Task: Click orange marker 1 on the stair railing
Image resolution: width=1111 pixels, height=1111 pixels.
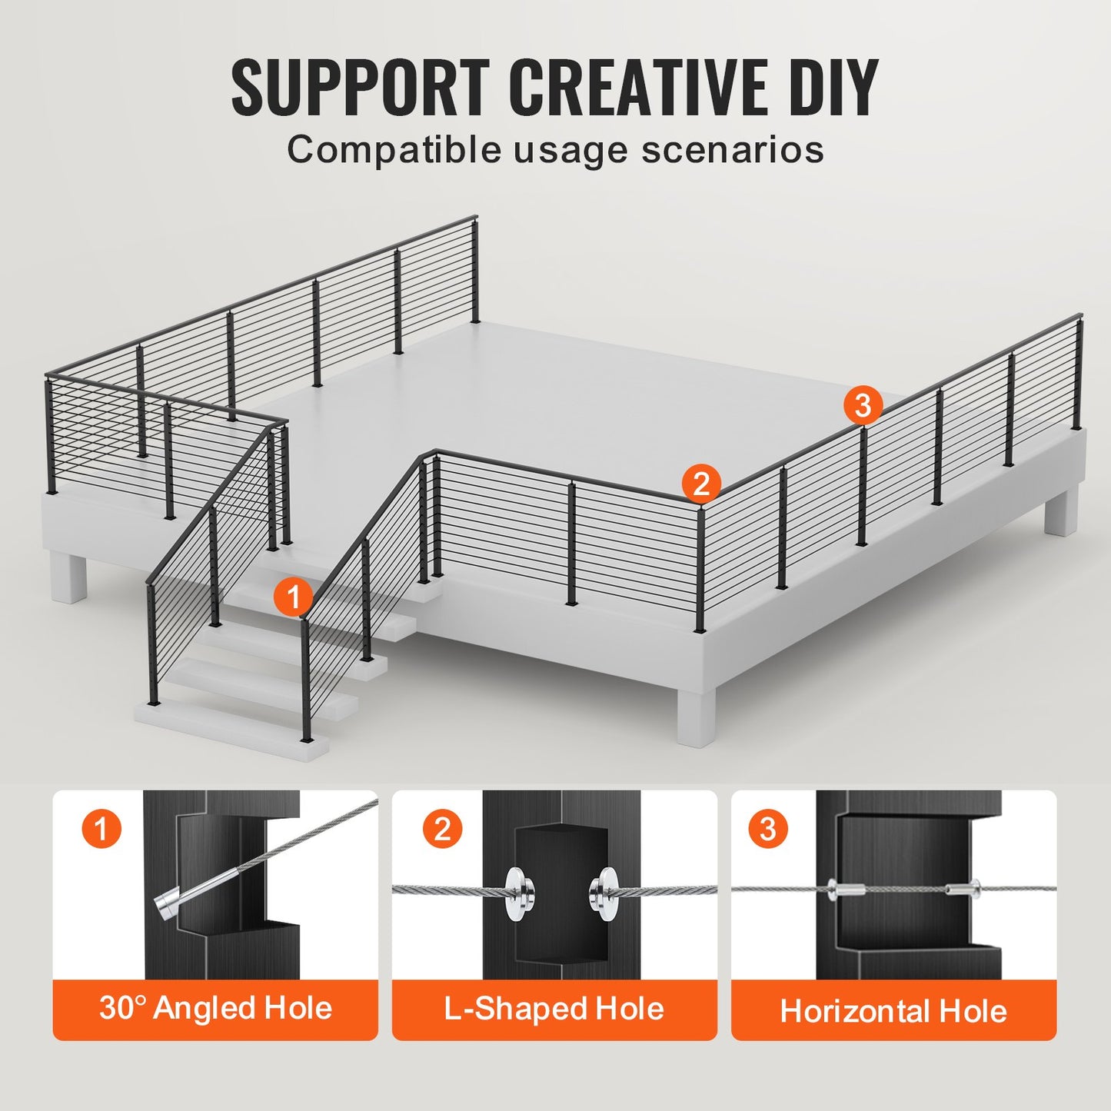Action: pos(294,597)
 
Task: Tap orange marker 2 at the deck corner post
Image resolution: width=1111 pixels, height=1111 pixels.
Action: pos(700,484)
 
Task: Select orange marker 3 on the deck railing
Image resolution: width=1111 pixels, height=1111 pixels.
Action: pos(863,404)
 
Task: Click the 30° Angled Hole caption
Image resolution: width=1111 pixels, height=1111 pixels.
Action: pos(215,1008)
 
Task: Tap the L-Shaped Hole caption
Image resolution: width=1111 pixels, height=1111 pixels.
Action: pos(554,1009)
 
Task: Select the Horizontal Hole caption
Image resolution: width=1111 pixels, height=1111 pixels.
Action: pos(893,1011)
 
